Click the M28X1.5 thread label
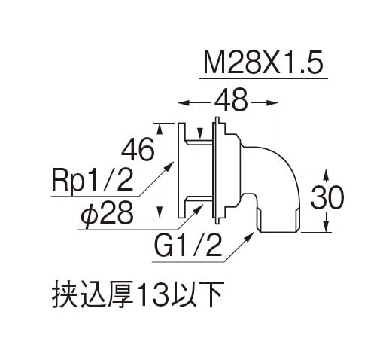click(x=263, y=62)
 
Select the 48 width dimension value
click(x=231, y=101)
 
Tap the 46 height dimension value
click(x=138, y=150)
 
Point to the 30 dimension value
click(x=327, y=198)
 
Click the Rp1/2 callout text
click(x=92, y=179)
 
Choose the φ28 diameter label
click(x=107, y=213)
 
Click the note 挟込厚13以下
click(x=138, y=294)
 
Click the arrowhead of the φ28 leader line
click(x=199, y=208)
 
